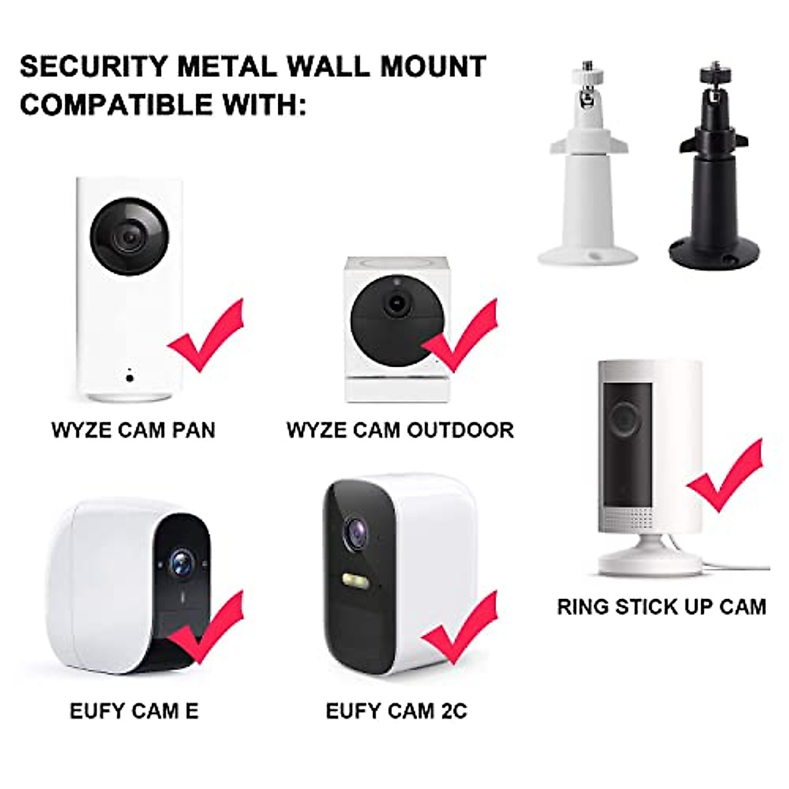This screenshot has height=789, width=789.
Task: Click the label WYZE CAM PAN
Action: click(133, 430)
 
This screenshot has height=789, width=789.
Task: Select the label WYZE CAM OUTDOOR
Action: click(400, 430)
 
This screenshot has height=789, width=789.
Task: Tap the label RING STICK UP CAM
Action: click(661, 606)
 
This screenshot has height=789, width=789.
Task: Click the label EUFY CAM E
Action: click(134, 711)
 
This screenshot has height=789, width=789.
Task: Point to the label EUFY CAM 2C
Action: click(396, 711)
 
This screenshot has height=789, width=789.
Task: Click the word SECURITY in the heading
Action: click(93, 66)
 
